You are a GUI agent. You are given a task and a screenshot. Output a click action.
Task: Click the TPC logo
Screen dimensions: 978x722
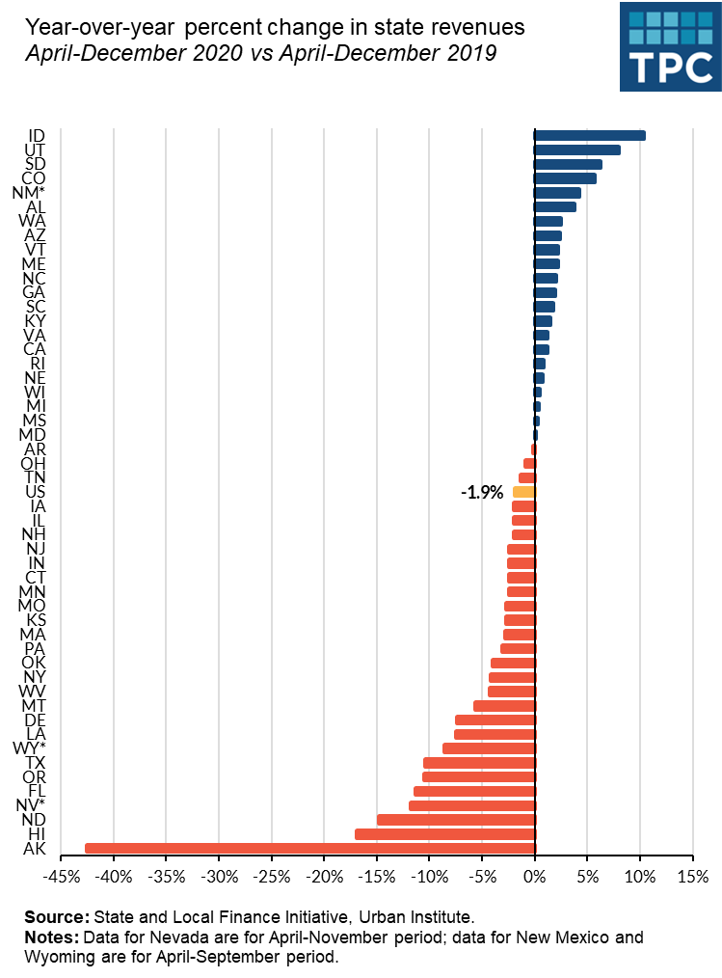click(x=669, y=46)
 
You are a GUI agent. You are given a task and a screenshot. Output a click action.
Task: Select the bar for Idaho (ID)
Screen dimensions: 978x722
click(x=590, y=136)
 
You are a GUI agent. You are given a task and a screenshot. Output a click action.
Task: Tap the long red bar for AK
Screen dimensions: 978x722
click(x=309, y=849)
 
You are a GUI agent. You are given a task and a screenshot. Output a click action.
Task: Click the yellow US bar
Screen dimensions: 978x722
click(x=523, y=492)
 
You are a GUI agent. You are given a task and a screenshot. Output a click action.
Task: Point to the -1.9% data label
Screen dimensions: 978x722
click(x=482, y=493)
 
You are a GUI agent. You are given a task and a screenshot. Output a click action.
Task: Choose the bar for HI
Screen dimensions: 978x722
click(x=444, y=834)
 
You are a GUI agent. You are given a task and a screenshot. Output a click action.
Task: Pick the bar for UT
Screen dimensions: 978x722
click(x=577, y=150)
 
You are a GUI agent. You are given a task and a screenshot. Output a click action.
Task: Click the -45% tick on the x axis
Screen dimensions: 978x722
click(x=62, y=877)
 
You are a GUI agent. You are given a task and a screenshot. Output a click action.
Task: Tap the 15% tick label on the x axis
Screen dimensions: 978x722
click(x=692, y=877)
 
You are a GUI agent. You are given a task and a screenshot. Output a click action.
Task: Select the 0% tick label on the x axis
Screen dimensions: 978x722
click(x=535, y=877)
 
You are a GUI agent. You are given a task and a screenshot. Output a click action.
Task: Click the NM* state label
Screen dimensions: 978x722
click(x=29, y=193)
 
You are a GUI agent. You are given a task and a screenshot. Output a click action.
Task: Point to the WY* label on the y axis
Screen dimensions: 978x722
click(x=29, y=748)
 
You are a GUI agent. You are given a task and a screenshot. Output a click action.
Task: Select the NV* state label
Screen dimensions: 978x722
click(x=30, y=805)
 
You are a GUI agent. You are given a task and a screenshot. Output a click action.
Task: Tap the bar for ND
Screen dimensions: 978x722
click(x=456, y=820)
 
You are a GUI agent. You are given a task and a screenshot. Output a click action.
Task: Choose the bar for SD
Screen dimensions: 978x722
click(x=568, y=165)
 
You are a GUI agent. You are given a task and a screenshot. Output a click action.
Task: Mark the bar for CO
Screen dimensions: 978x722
click(x=565, y=178)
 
